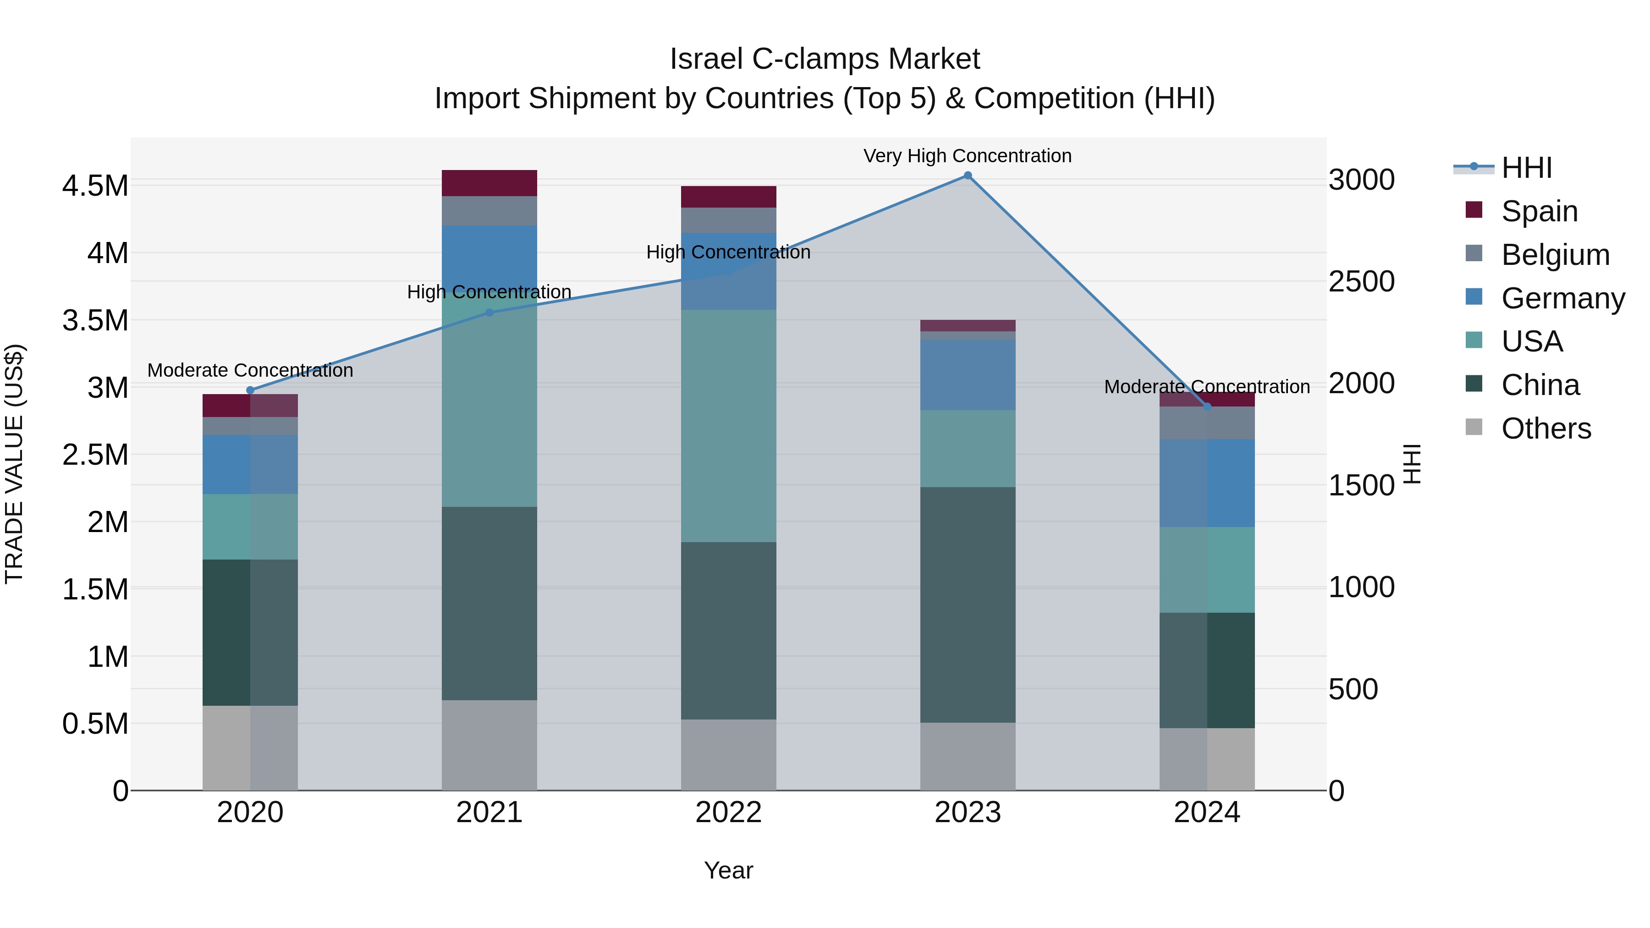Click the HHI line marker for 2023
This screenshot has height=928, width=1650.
click(x=968, y=176)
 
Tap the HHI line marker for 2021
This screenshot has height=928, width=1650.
click(x=489, y=313)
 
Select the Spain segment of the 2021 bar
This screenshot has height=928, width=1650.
click(x=489, y=183)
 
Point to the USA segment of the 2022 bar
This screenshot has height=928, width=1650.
click(x=728, y=426)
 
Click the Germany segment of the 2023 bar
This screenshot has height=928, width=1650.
click(x=968, y=375)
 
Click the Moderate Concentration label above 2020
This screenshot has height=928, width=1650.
click(x=250, y=370)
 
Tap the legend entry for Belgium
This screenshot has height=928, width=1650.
click(x=1555, y=255)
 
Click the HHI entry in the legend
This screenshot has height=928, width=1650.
click(x=1526, y=168)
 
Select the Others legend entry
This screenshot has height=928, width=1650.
click(x=1545, y=428)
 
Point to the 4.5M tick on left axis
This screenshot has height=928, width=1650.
click(x=95, y=186)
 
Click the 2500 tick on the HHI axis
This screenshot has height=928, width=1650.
click(x=1361, y=281)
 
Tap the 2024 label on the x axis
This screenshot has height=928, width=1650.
click(x=1207, y=813)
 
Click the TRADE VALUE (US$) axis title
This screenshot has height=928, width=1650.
click(x=14, y=464)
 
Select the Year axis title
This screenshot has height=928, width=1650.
click(x=728, y=870)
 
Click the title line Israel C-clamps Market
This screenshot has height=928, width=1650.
click(x=825, y=59)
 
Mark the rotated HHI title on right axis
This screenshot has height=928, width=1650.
click(x=1412, y=464)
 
